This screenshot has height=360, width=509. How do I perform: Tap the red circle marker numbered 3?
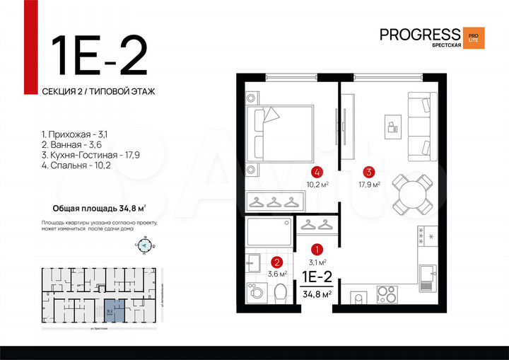pyautogui.click(x=368, y=171)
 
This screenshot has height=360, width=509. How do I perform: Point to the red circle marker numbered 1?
pyautogui.click(x=317, y=249)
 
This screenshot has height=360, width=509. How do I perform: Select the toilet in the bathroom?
pyautogui.click(x=281, y=291)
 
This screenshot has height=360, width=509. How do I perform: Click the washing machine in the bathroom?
pyautogui.click(x=255, y=291)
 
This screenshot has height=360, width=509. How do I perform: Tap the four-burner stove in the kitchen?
pyautogui.click(x=386, y=293)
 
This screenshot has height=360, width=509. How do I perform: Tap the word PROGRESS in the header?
pyautogui.click(x=419, y=35)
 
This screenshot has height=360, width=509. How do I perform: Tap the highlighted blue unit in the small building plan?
pyautogui.click(x=110, y=310)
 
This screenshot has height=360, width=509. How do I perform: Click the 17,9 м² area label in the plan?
pyautogui.click(x=368, y=185)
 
